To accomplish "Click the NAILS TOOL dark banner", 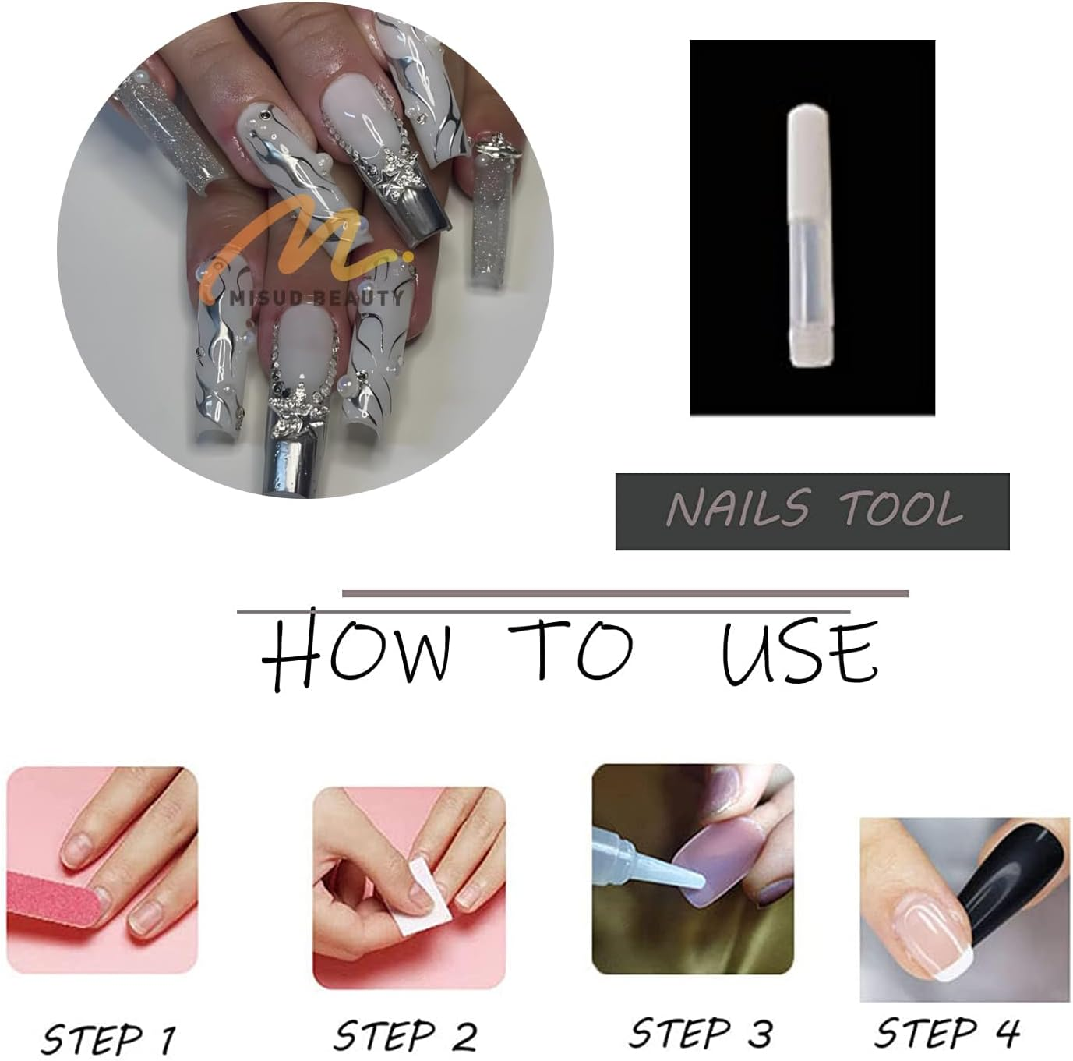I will (812, 511).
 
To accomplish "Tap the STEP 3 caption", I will (700, 1033).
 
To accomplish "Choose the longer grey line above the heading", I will (625, 593).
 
